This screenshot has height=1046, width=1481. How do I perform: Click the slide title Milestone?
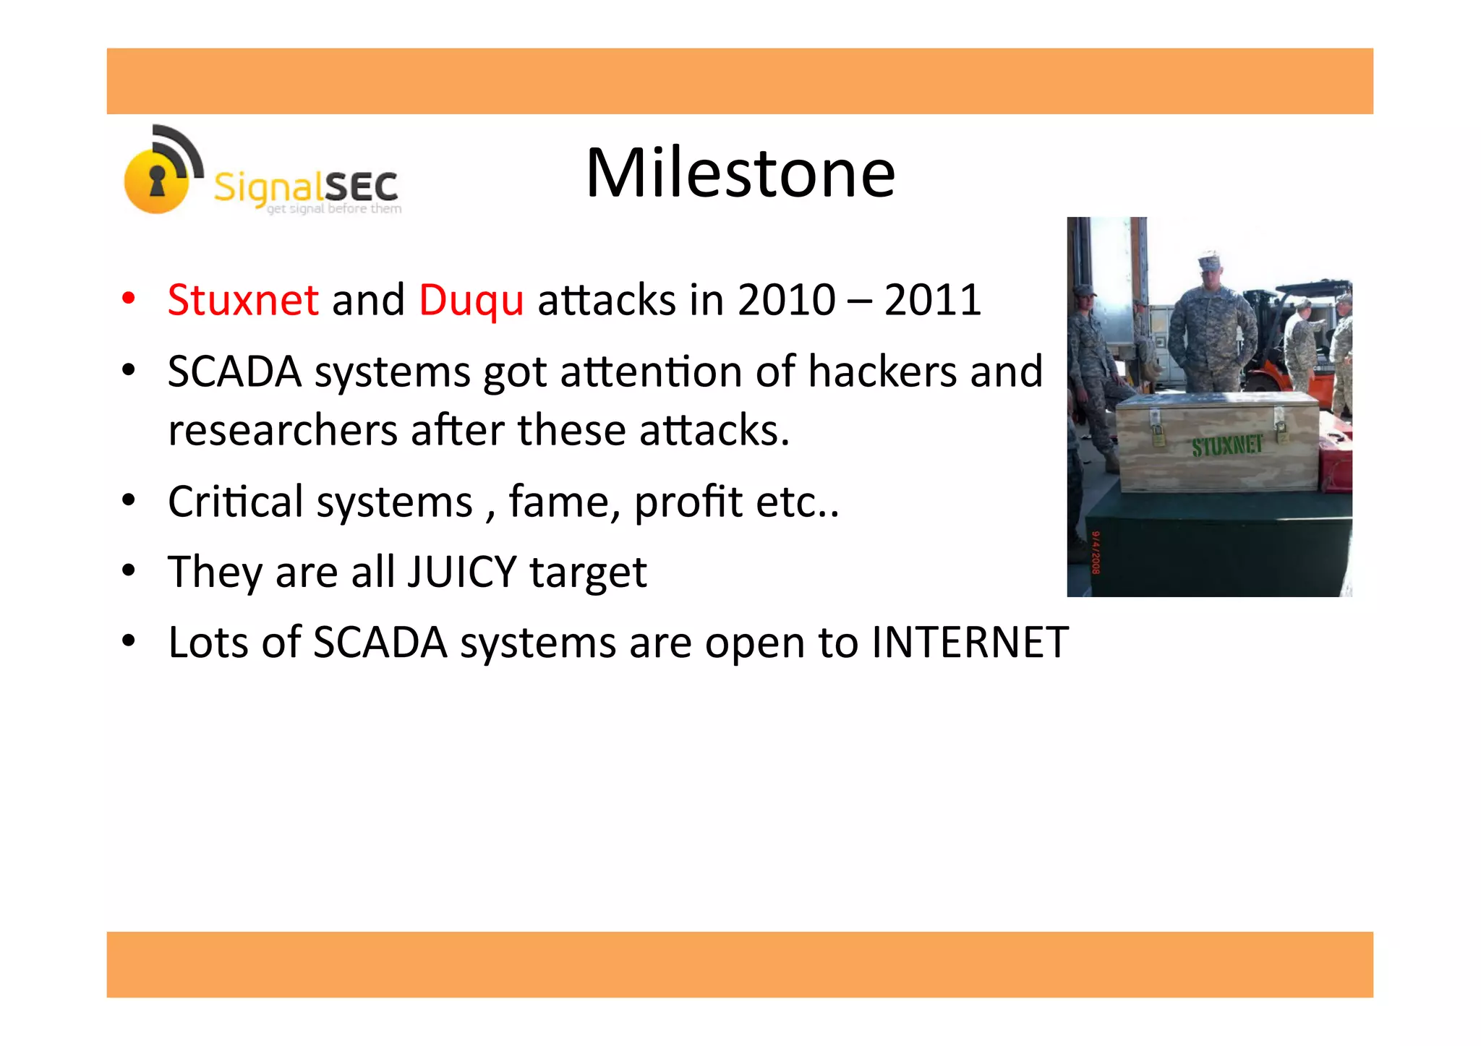[740, 173]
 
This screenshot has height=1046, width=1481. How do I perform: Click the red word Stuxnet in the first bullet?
[242, 300]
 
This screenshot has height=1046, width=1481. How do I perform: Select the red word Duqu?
[471, 300]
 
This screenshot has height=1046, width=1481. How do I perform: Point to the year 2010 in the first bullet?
[786, 300]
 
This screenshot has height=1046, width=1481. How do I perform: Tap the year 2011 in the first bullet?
[932, 300]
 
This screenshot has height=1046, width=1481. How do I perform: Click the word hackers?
[882, 372]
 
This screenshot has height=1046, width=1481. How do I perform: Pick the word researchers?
[282, 431]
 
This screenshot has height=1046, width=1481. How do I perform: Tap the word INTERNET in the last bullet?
[969, 642]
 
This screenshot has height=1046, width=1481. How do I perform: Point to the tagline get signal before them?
[333, 209]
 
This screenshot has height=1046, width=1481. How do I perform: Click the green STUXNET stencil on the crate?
[1226, 446]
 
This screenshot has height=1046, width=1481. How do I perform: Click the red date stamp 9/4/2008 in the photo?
[1096, 553]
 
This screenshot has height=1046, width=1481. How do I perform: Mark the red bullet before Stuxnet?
[129, 299]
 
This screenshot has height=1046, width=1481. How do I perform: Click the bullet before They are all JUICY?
[129, 571]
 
